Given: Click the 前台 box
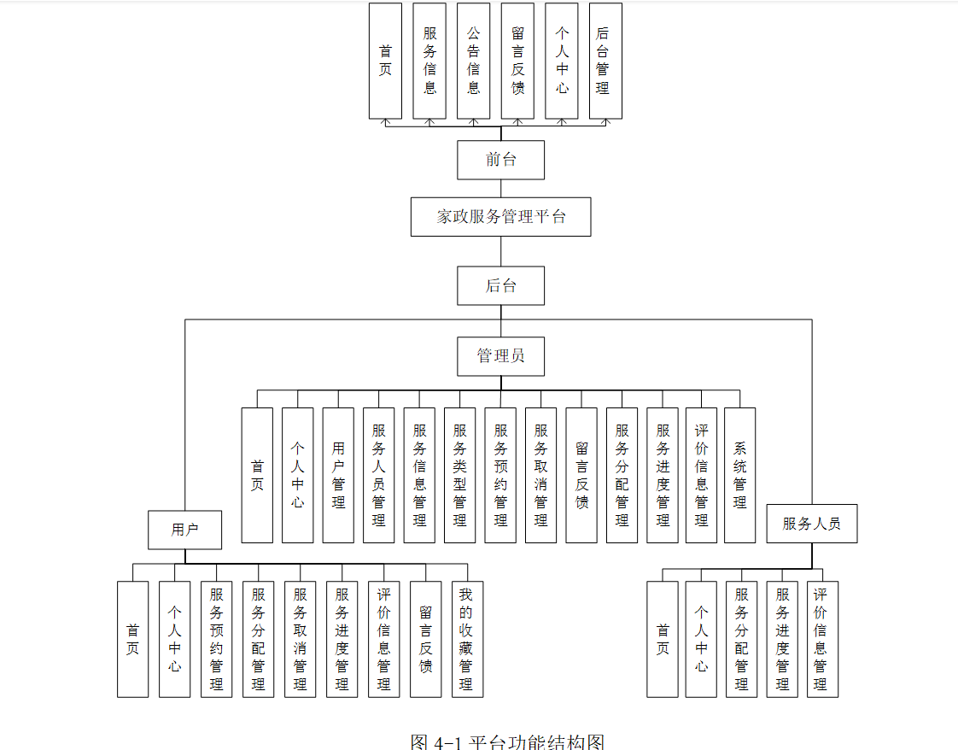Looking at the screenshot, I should [500, 160].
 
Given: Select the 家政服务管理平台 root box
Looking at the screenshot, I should [500, 217].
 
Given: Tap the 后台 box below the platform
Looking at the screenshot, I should [500, 286].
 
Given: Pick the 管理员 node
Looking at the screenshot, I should [500, 356].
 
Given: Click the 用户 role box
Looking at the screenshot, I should [184, 530].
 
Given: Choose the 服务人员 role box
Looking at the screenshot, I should [811, 524].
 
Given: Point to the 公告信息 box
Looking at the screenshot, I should [473, 61].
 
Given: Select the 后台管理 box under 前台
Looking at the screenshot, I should [605, 61].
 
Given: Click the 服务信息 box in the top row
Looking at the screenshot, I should [429, 61].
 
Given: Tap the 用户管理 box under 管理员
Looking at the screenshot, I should [338, 475].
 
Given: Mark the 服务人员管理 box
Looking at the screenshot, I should [379, 475].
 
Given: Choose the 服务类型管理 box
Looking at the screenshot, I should [460, 475].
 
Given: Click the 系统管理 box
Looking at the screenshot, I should [739, 475].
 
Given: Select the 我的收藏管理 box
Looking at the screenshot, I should [467, 639].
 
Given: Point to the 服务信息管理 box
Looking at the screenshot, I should [419, 475].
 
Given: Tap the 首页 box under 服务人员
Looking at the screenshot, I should [663, 639].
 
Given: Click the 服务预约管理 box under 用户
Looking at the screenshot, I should [217, 639].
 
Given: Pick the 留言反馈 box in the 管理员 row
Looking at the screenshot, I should [581, 475].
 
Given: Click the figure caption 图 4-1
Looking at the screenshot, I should [507, 741].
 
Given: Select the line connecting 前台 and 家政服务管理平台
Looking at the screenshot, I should [501, 189].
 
